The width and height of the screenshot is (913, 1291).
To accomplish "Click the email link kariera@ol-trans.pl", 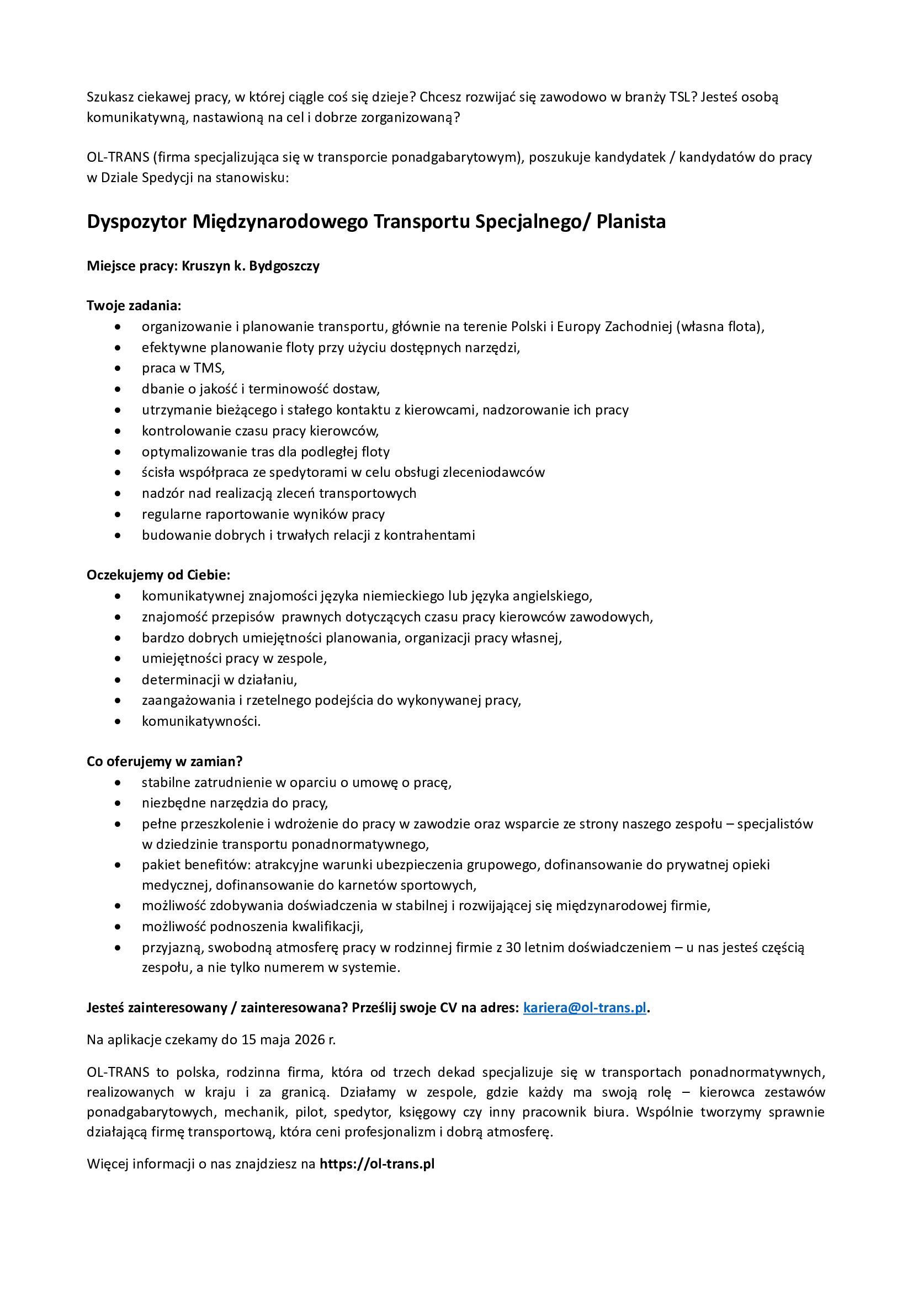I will pyautogui.click(x=584, y=1007).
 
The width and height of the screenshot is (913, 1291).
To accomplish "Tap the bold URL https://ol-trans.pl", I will pyautogui.click(x=377, y=1164).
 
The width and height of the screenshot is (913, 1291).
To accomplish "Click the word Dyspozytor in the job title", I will pyautogui.click(x=136, y=221).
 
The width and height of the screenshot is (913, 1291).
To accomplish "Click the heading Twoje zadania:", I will pyautogui.click(x=134, y=305).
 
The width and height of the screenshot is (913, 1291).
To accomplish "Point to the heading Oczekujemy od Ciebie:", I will pyautogui.click(x=158, y=575).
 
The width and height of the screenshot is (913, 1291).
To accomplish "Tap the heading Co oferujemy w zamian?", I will pyautogui.click(x=164, y=761).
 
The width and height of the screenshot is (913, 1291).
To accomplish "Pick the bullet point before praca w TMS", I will pyautogui.click(x=118, y=368).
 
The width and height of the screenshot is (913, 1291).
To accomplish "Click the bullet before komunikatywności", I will pyautogui.click(x=118, y=721).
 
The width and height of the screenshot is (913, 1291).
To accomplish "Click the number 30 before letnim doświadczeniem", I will pyautogui.click(x=513, y=948).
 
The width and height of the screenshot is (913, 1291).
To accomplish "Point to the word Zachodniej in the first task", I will pyautogui.click(x=638, y=327).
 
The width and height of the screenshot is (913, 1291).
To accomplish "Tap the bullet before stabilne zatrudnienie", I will pyautogui.click(x=118, y=783).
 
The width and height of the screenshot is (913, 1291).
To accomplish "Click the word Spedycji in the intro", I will pyautogui.click(x=167, y=178).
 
